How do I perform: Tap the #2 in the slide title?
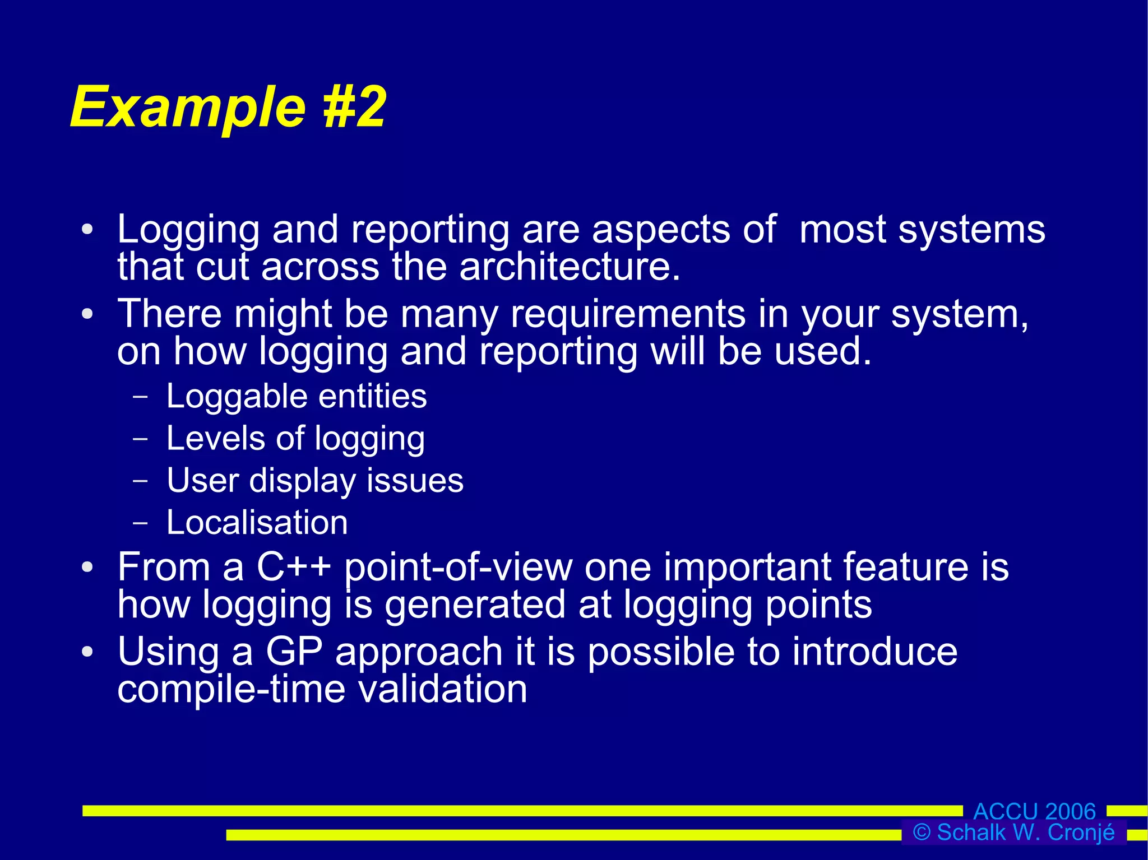tap(354, 106)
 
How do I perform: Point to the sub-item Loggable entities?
tap(297, 397)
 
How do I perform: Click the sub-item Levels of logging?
tap(295, 439)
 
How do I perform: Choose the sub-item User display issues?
tap(315, 481)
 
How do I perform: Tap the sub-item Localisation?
tap(257, 523)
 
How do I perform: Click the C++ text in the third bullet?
tap(293, 567)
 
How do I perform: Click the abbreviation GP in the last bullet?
tap(294, 652)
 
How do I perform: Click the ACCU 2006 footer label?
tap(1034, 811)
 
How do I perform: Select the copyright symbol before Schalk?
tap(922, 832)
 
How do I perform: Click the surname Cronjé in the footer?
tap(1081, 833)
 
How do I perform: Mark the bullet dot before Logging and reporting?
tap(87, 230)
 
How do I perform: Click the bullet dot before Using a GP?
tap(87, 652)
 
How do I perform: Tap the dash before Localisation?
tap(141, 523)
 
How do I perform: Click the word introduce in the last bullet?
tap(874, 652)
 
